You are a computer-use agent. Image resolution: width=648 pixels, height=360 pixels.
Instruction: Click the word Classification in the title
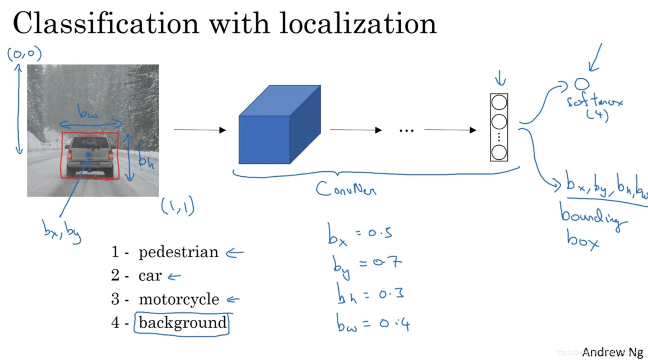click(106, 24)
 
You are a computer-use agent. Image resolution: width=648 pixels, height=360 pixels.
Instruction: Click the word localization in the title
click(358, 24)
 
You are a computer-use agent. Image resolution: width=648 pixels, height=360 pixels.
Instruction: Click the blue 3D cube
click(280, 125)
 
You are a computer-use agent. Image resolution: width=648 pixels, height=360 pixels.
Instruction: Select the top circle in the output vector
click(499, 103)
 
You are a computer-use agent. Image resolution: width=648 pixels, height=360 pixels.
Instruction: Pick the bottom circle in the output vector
click(499, 152)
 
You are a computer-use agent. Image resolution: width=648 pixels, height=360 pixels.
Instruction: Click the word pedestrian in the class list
click(178, 252)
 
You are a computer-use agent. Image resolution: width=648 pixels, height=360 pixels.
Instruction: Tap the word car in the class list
click(150, 276)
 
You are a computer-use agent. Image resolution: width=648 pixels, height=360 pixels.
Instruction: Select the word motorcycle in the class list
click(179, 299)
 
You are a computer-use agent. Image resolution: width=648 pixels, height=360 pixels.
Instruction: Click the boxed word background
click(182, 323)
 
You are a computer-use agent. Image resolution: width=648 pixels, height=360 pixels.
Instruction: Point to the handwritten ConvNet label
click(346, 190)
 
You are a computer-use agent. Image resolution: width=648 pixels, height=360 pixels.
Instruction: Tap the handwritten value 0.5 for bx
click(380, 233)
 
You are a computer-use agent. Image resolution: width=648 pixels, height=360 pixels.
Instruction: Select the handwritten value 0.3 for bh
click(391, 294)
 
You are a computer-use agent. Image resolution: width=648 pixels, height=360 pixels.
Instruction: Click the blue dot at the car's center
click(88, 155)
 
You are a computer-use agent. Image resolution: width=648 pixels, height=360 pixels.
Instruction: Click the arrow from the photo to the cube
click(199, 130)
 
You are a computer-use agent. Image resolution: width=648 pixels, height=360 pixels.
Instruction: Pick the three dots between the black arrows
click(406, 131)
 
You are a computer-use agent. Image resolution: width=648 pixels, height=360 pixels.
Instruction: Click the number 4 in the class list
click(115, 323)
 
